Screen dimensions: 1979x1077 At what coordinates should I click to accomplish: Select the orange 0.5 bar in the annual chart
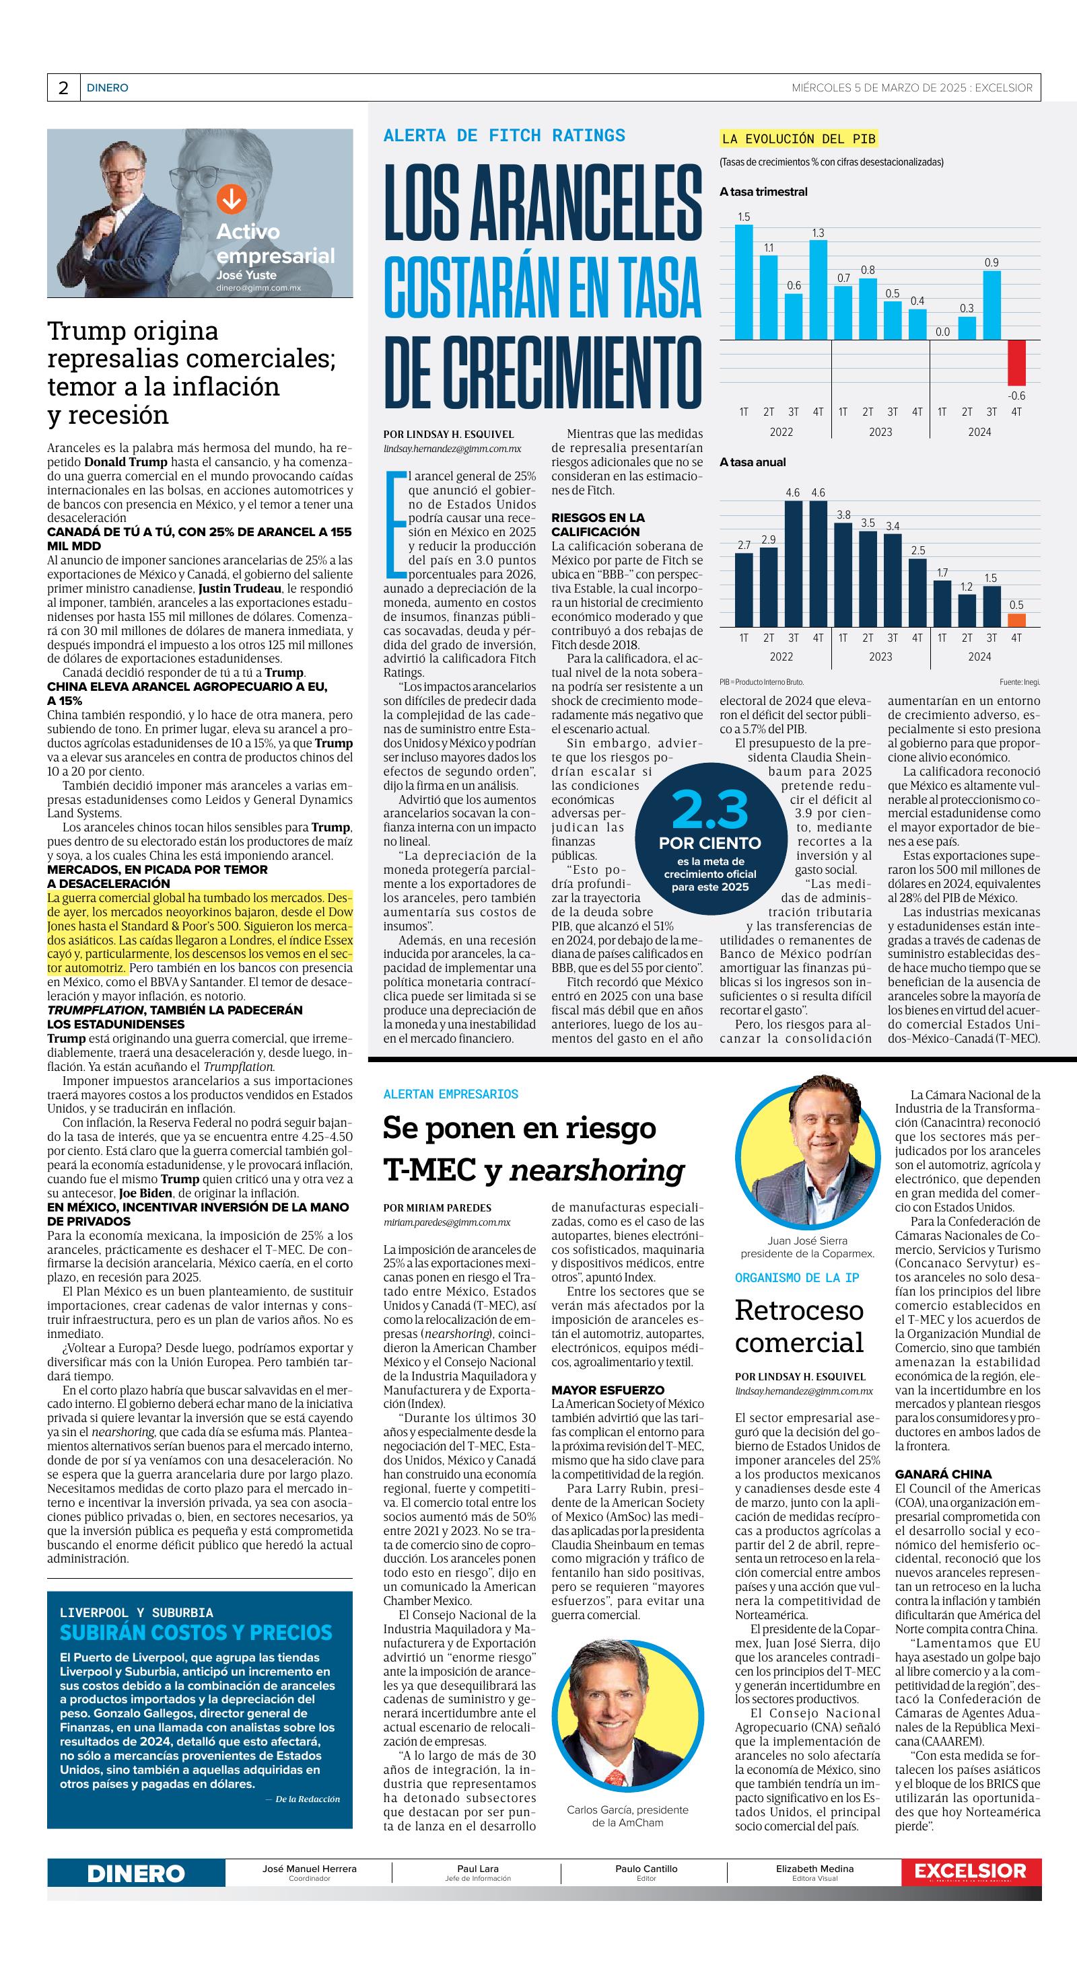(1016, 621)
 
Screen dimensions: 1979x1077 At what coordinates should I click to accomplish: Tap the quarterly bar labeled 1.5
(743, 281)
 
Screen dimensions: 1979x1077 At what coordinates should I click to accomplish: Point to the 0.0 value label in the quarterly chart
(942, 332)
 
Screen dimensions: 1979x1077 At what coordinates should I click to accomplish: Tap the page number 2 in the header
(63, 88)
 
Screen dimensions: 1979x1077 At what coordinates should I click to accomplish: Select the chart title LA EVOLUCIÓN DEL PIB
(798, 139)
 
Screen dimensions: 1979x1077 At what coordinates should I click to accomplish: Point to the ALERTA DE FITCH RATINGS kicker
(504, 136)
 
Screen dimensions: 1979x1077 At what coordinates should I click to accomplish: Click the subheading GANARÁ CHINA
(942, 1474)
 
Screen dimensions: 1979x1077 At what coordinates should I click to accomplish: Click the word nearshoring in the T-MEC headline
(596, 1170)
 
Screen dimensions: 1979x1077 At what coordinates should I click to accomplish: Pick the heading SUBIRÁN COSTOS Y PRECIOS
(196, 1633)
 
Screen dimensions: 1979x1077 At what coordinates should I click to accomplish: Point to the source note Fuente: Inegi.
(1019, 681)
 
